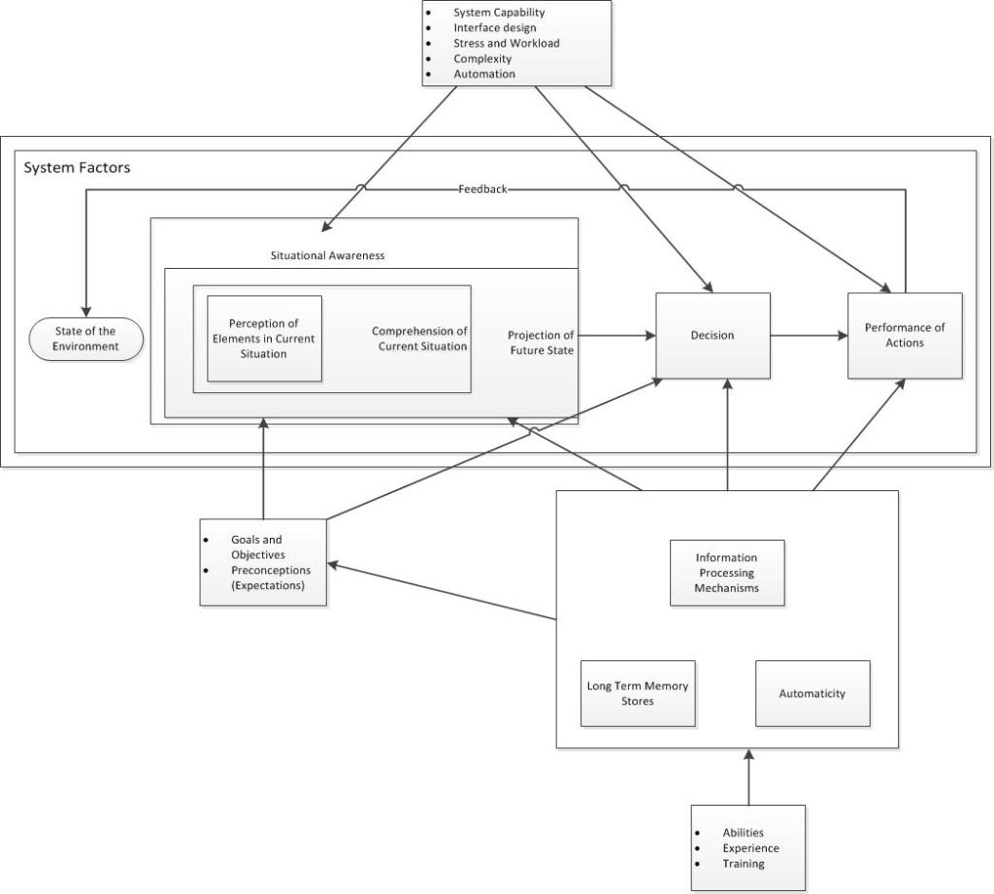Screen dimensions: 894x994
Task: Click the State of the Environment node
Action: (85, 339)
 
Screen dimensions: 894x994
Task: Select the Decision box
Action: (712, 336)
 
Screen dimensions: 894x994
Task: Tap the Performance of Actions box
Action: (905, 336)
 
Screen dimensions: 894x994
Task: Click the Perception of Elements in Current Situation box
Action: (264, 339)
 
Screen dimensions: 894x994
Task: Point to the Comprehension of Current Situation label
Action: (419, 339)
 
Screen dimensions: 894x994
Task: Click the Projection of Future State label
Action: (541, 343)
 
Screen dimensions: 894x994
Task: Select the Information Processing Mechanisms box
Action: (726, 573)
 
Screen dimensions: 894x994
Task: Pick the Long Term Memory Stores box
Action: (638, 693)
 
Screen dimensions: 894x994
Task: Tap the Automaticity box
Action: (812, 693)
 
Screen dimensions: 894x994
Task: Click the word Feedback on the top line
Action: (482, 189)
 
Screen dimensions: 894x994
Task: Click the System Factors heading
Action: (77, 168)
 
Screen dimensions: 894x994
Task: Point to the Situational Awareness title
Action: (327, 255)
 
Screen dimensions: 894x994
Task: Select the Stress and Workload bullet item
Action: (506, 44)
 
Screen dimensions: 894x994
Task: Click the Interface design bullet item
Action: (494, 28)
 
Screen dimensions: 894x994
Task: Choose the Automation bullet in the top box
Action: (483, 74)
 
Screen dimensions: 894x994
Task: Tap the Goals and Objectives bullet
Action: (257, 546)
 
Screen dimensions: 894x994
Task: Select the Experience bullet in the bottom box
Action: (750, 848)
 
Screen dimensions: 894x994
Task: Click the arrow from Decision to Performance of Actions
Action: (809, 336)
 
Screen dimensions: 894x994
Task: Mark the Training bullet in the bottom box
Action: (743, 864)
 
